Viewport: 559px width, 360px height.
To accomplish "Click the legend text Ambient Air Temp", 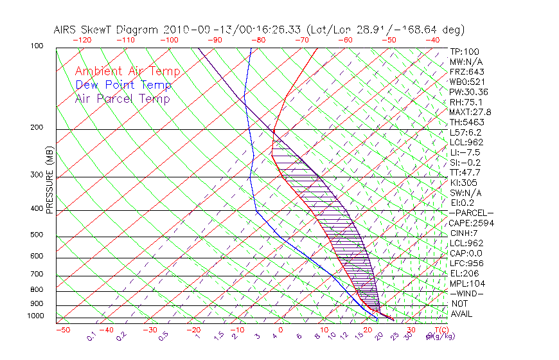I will (x=127, y=71).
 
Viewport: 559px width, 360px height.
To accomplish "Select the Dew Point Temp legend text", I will (x=123, y=85).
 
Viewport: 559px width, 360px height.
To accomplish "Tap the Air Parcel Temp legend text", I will (x=122, y=98).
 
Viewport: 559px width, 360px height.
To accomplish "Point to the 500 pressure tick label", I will (x=37, y=235).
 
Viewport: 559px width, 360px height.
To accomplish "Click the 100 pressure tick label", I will (x=37, y=46).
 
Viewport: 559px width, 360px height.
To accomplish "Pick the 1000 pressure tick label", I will (x=35, y=316).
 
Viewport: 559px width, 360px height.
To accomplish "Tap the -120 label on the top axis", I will (x=82, y=39).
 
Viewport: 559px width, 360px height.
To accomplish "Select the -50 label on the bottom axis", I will (x=62, y=330).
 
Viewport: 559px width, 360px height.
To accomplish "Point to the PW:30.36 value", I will (x=469, y=92).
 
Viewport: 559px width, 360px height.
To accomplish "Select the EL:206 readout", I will (x=465, y=273).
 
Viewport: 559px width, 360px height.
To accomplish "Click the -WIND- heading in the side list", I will (x=467, y=293).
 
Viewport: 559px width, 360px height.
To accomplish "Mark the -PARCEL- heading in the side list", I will (x=471, y=213).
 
